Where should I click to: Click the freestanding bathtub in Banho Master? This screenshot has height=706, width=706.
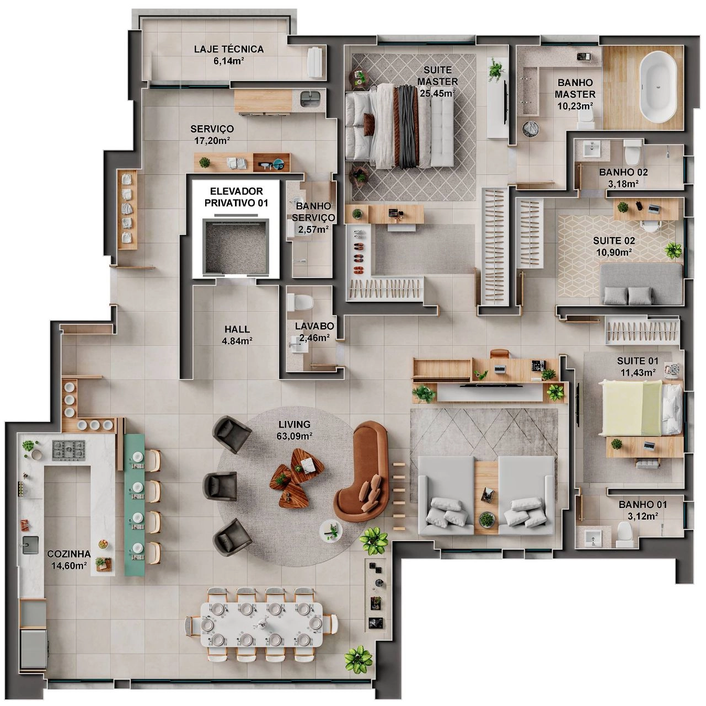pos(659,87)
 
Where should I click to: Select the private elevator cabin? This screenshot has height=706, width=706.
pos(236,246)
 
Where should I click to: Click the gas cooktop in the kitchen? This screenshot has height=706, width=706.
pos(68,450)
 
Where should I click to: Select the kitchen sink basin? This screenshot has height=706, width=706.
pos(31,544)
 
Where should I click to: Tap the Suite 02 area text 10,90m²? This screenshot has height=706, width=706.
pos(614,253)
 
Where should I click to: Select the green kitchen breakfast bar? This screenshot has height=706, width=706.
pos(135,505)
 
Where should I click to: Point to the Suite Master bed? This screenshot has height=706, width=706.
pos(400,126)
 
